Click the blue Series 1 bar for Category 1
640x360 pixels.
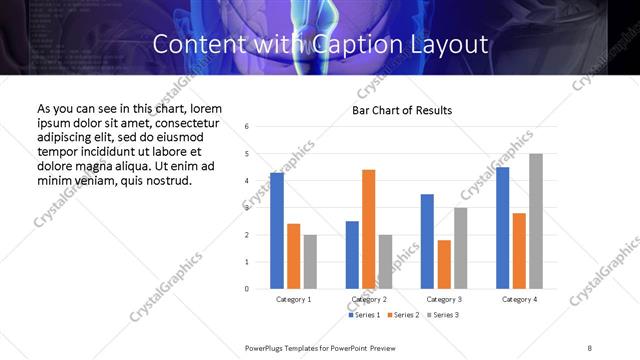277,231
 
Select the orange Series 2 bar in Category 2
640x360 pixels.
369,229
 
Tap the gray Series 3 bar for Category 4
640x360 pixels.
536,221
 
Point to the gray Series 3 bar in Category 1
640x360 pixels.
310,261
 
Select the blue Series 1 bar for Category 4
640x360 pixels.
502,228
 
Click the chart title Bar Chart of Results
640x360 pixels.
402,110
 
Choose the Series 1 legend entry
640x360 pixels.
365,315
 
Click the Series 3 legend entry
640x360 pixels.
442,315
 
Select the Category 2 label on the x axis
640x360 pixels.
369,299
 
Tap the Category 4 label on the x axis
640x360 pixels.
519,299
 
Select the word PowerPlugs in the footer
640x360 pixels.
267,348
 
